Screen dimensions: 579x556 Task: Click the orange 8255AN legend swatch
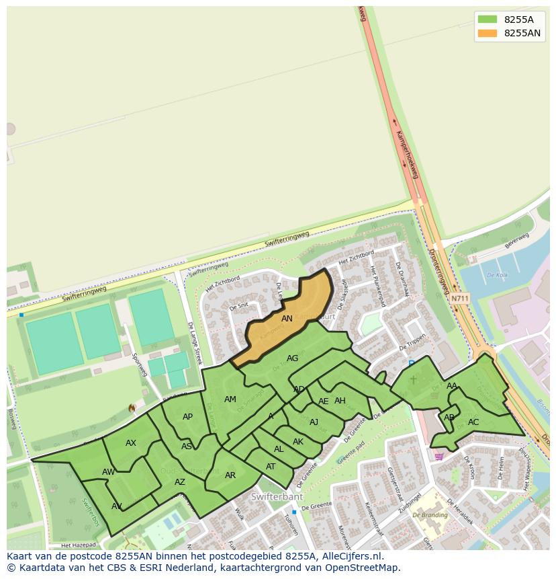(x=488, y=33)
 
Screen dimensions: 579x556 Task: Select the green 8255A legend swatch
(x=488, y=20)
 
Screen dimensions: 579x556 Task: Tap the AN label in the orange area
(x=287, y=319)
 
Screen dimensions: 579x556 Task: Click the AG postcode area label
(x=292, y=358)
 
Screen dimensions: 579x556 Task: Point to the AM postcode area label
(x=230, y=399)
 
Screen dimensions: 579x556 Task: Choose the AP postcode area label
(x=187, y=417)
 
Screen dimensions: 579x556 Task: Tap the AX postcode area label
(x=131, y=443)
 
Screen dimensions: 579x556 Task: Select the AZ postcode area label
(x=180, y=482)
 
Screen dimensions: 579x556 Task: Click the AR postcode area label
(x=230, y=475)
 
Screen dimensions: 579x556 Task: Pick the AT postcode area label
(x=271, y=467)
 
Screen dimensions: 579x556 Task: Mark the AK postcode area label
(x=298, y=442)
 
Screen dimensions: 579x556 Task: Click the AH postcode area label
(x=340, y=401)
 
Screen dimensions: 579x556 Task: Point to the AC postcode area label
(x=473, y=422)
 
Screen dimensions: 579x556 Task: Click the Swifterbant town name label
(x=277, y=497)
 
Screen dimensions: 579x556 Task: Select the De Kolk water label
(x=497, y=275)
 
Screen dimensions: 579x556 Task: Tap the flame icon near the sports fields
(x=132, y=408)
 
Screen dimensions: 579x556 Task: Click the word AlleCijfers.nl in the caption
(x=351, y=556)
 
